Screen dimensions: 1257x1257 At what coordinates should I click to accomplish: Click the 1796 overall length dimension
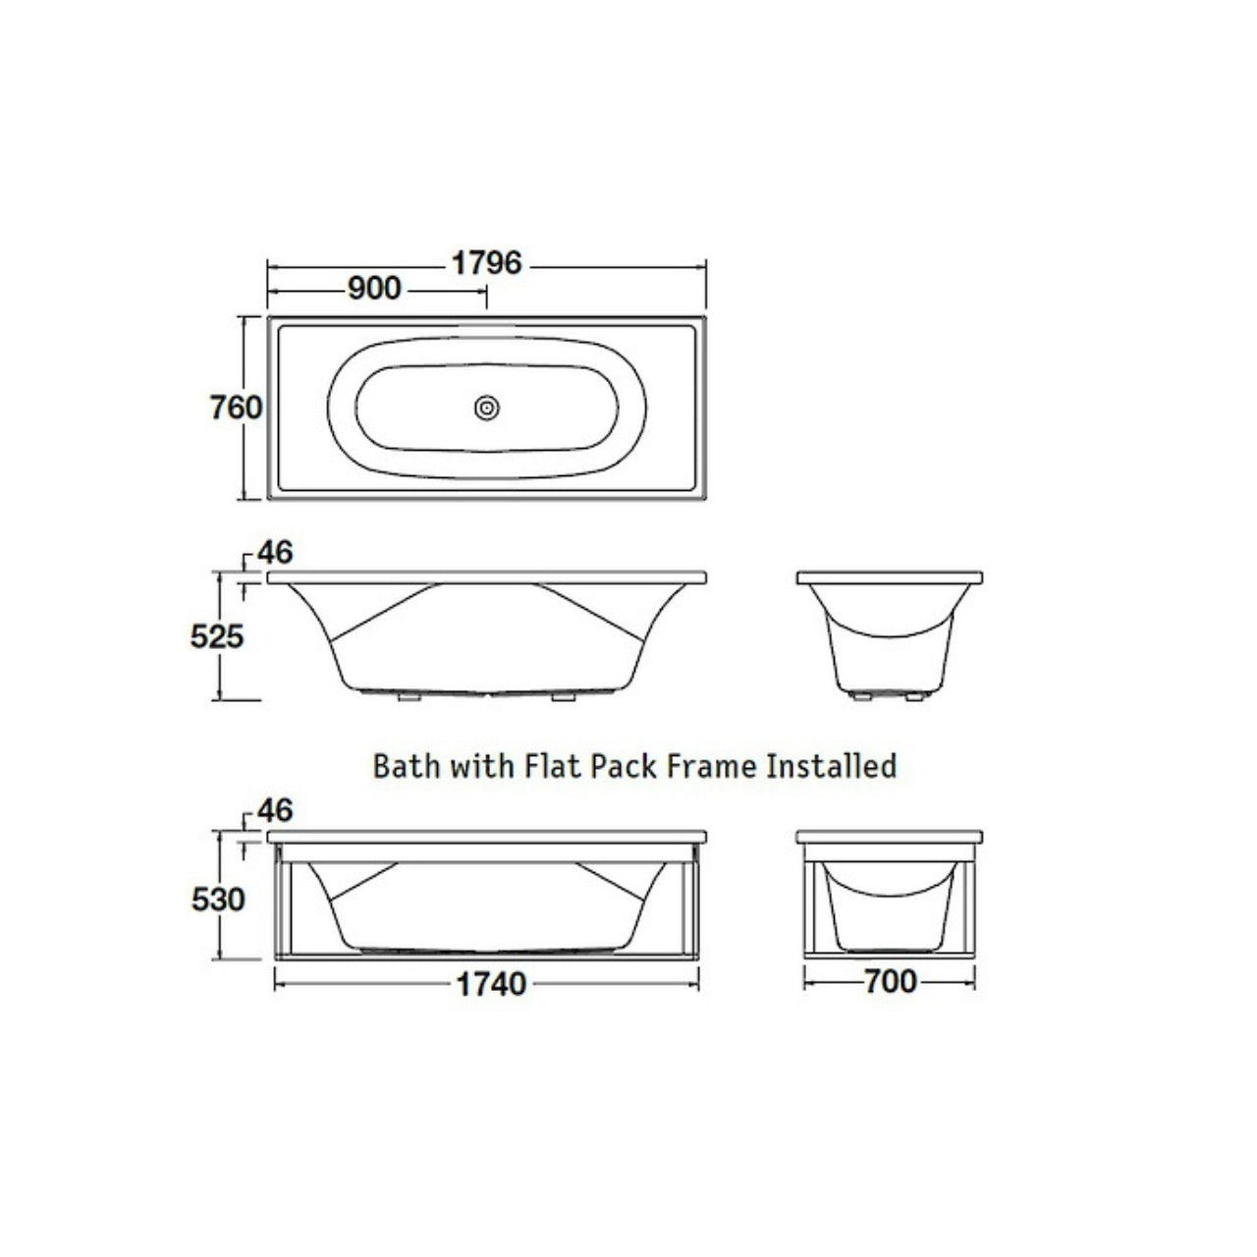(x=487, y=263)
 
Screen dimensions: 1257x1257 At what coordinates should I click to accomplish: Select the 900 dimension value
(x=374, y=289)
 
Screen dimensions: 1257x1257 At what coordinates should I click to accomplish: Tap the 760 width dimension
(x=236, y=408)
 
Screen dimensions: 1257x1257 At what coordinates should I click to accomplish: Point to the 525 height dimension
(x=217, y=636)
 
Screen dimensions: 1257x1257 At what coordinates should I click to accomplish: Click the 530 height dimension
(x=218, y=900)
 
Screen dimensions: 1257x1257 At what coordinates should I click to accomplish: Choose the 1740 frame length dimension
(x=491, y=984)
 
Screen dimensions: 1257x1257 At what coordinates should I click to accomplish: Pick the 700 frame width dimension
(x=891, y=981)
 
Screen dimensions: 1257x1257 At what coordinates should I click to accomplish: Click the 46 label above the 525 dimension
(x=275, y=553)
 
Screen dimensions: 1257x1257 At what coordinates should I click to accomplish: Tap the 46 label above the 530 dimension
(x=275, y=811)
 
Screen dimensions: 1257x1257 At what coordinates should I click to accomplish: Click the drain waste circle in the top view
(x=487, y=409)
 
